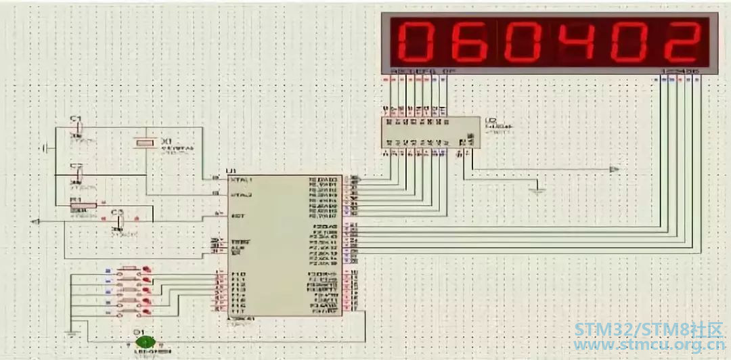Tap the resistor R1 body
pos(84,205)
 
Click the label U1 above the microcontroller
pos(232,171)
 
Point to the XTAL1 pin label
pos(242,180)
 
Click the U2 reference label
pos(491,121)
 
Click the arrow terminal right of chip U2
pos(614,168)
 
